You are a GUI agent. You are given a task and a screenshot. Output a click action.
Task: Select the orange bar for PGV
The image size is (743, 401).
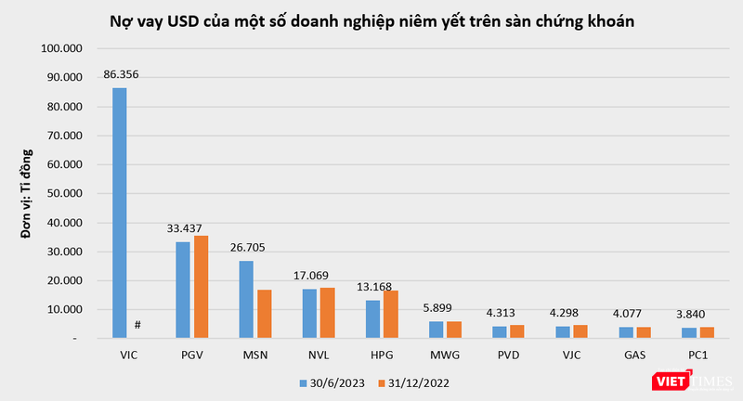201,287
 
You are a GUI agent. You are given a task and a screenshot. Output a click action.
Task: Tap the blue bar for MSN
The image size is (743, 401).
246,299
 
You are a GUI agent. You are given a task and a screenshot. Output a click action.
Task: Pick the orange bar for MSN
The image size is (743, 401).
265,314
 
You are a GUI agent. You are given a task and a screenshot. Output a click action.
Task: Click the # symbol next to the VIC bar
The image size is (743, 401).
137,324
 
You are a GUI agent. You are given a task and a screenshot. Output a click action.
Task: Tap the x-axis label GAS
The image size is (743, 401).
634,355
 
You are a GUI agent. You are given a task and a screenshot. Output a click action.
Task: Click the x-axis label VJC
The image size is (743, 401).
571,355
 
